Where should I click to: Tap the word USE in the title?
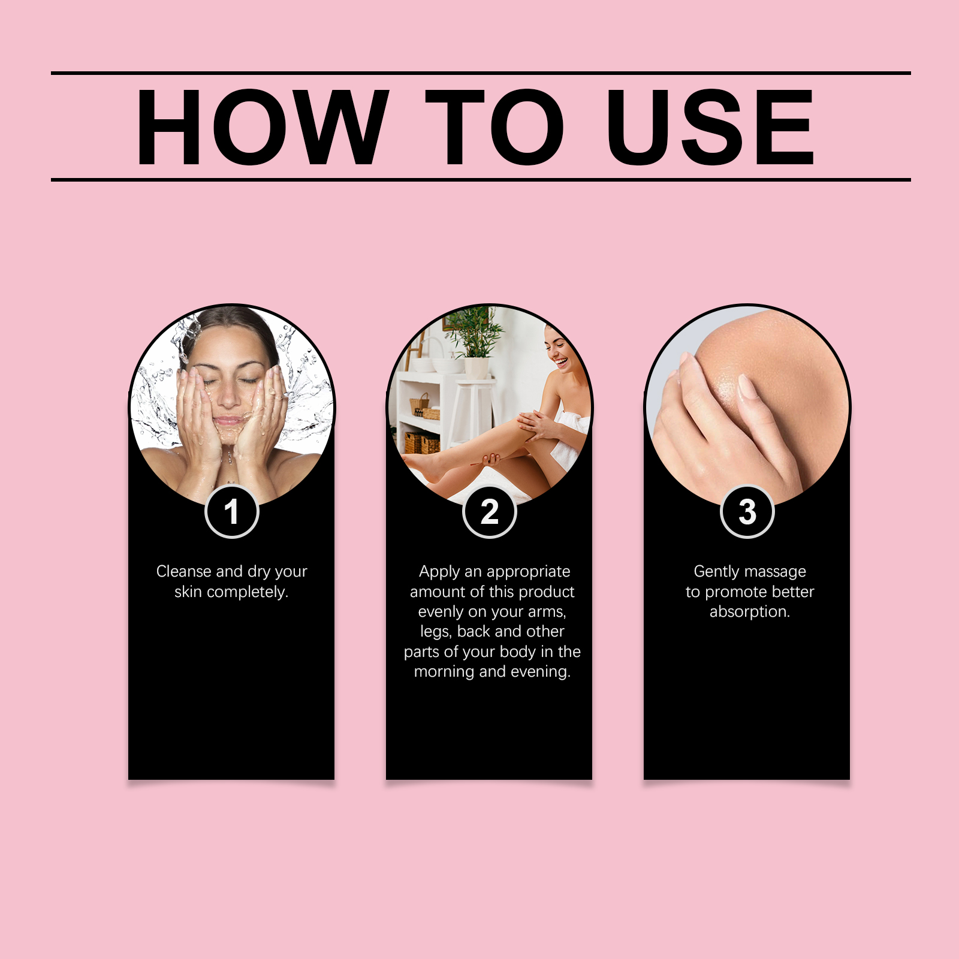(710, 126)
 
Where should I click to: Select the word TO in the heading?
(494, 126)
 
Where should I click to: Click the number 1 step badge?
(231, 511)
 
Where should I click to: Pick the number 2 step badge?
(489, 511)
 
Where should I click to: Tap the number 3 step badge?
(747, 511)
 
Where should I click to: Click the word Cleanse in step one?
(184, 571)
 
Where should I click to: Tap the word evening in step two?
(539, 672)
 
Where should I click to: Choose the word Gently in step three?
(716, 572)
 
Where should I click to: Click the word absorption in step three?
(750, 612)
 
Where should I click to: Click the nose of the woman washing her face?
(227, 396)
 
